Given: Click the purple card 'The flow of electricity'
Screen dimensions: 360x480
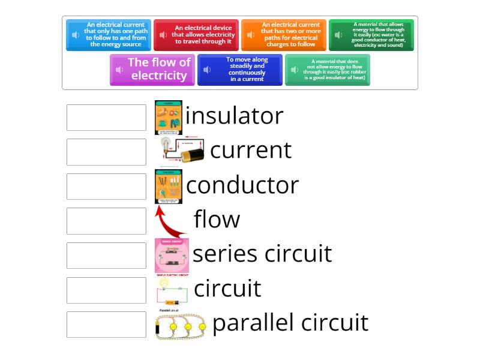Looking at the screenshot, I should click(152, 70).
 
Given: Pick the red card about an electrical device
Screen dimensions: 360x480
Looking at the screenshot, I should click(196, 35).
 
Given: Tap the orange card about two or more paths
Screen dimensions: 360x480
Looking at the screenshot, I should click(284, 35).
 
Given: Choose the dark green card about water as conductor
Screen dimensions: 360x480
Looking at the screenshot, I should click(371, 35).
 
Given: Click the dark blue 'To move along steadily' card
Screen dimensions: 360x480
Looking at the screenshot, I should click(240, 70).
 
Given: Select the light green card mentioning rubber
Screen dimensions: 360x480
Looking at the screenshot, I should click(328, 70).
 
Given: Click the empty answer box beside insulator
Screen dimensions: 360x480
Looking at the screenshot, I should click(106, 118).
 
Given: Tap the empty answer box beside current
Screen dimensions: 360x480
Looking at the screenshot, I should click(106, 152).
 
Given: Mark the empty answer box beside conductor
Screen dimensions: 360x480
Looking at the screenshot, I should click(106, 187).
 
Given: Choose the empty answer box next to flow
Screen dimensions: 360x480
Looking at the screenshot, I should click(106, 221).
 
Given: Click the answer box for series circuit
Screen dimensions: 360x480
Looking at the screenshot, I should click(106, 256).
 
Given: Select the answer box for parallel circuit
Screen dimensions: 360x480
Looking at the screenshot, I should click(106, 325).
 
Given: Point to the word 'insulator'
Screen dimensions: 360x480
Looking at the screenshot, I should click(234, 116).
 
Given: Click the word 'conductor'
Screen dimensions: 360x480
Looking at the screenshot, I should click(242, 185).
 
